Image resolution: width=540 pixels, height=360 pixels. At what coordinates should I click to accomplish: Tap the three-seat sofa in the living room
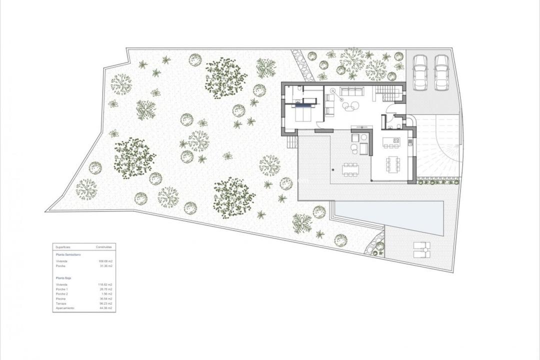(x=351, y=91)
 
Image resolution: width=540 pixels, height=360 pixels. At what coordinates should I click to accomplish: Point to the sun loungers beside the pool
(x=421, y=249)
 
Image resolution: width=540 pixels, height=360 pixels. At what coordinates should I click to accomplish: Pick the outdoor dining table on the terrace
(x=350, y=169)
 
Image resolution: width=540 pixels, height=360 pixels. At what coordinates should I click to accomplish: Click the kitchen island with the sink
(x=391, y=142)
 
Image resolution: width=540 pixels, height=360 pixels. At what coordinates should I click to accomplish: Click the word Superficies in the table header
(x=63, y=247)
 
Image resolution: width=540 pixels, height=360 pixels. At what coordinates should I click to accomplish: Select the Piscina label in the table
(x=61, y=298)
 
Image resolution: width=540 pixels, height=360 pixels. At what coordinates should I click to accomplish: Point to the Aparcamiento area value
(x=105, y=308)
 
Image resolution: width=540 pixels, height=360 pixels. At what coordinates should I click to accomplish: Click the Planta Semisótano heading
(x=68, y=254)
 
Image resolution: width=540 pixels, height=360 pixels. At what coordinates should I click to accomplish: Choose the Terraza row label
(x=61, y=303)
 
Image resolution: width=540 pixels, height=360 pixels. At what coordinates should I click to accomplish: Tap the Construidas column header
(x=104, y=247)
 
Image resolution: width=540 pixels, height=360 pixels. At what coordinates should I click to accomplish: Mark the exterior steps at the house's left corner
(x=292, y=142)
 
